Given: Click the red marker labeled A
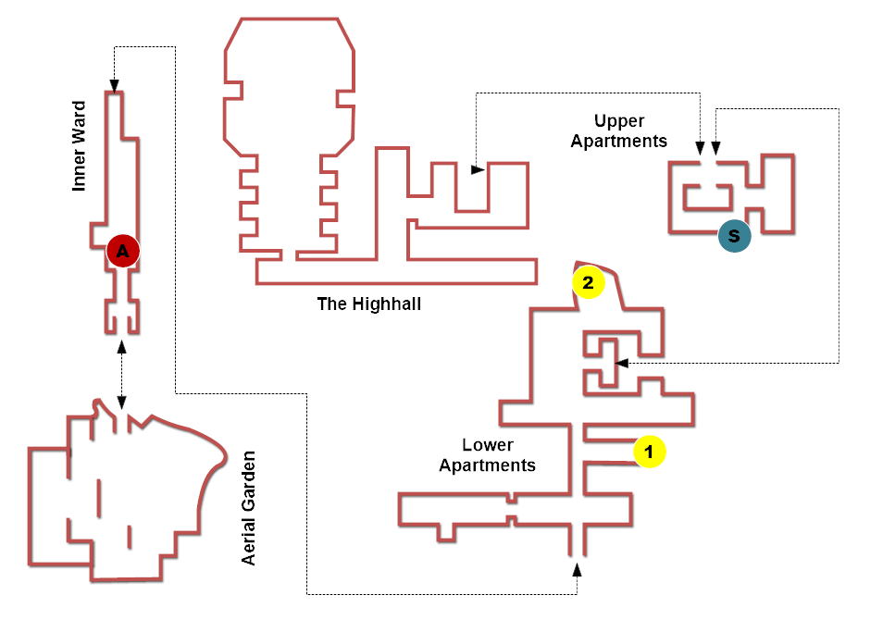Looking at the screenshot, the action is click(123, 251).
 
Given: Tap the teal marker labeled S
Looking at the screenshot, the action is click(734, 235).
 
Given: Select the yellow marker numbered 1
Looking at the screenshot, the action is click(650, 452).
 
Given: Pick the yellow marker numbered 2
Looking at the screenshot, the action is click(589, 282).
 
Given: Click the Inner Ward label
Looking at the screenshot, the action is click(79, 146).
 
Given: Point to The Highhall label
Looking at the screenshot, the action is click(369, 304).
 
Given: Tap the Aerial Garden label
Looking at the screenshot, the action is click(248, 508).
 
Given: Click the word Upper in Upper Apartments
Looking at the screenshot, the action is click(619, 121).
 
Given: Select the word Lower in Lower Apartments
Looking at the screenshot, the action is click(488, 445).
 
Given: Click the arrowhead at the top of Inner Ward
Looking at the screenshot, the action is click(115, 86).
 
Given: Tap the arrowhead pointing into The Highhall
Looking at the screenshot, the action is click(479, 169).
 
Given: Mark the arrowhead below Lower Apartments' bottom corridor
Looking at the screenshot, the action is click(577, 570).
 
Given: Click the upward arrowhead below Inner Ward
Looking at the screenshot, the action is click(121, 346).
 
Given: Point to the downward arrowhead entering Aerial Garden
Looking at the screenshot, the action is click(121, 402).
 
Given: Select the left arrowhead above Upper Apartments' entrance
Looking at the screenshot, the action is click(700, 148).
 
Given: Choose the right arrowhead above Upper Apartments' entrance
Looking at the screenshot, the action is click(715, 148).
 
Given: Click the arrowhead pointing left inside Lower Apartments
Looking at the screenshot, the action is click(622, 364).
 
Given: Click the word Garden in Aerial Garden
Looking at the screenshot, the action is click(248, 481).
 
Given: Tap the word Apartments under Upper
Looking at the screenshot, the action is click(619, 142).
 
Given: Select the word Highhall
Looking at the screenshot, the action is click(386, 304).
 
